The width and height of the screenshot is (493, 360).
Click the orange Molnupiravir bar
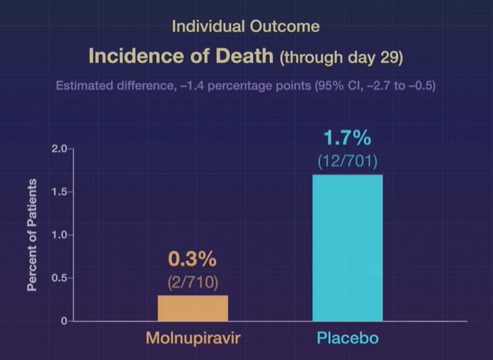click(x=193, y=308)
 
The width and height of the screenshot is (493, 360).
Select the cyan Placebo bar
click(x=347, y=248)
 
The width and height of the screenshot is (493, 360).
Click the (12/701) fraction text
click(x=347, y=161)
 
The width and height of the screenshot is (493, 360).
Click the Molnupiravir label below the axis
click(x=193, y=339)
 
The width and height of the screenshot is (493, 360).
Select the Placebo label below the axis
click(x=347, y=339)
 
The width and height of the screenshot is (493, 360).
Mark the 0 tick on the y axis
click(x=63, y=321)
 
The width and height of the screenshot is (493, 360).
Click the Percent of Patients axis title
click(x=33, y=234)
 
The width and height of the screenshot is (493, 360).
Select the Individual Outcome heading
click(x=246, y=27)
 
